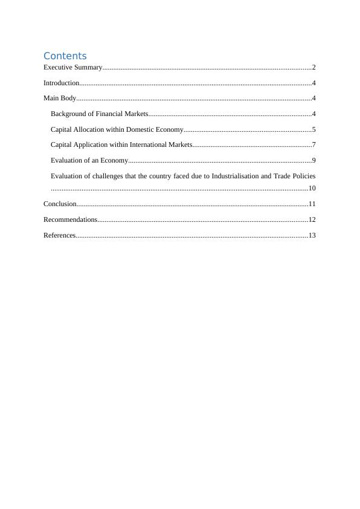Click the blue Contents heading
click(65, 56)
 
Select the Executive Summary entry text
click(72, 67)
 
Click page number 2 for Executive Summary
click(314, 67)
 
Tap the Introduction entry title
click(61, 83)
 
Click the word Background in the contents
click(69, 114)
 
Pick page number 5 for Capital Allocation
click(314, 129)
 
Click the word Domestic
click(140, 129)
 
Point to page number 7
click(314, 145)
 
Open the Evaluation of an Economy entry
click(89, 161)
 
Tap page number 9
click(314, 161)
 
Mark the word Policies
click(302, 176)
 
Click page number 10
click(312, 189)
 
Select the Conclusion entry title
click(60, 204)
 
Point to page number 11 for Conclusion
click(312, 204)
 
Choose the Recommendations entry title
click(70, 220)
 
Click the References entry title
click(59, 235)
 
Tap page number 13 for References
click(312, 235)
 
